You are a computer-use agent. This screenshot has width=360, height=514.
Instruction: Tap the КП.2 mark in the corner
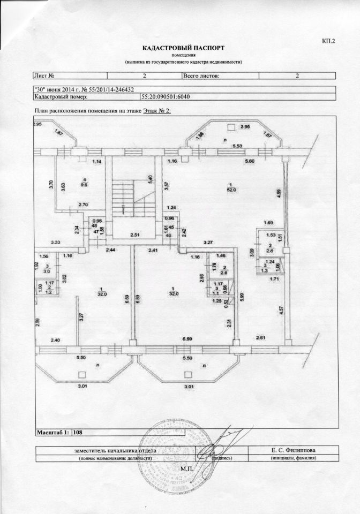point(328,41)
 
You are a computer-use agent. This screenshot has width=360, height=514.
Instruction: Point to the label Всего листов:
point(201,76)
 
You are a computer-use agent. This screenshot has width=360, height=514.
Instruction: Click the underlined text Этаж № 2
point(156,111)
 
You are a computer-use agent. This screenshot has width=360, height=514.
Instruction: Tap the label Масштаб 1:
point(52,432)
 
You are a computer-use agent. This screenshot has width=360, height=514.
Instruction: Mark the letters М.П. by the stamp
point(186,468)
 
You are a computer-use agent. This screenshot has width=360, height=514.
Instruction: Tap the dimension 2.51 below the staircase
point(134,235)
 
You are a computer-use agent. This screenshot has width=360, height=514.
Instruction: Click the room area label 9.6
point(84,184)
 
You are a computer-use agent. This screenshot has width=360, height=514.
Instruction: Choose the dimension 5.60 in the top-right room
point(250,162)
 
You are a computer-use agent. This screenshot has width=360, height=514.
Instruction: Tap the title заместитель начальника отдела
point(115,450)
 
